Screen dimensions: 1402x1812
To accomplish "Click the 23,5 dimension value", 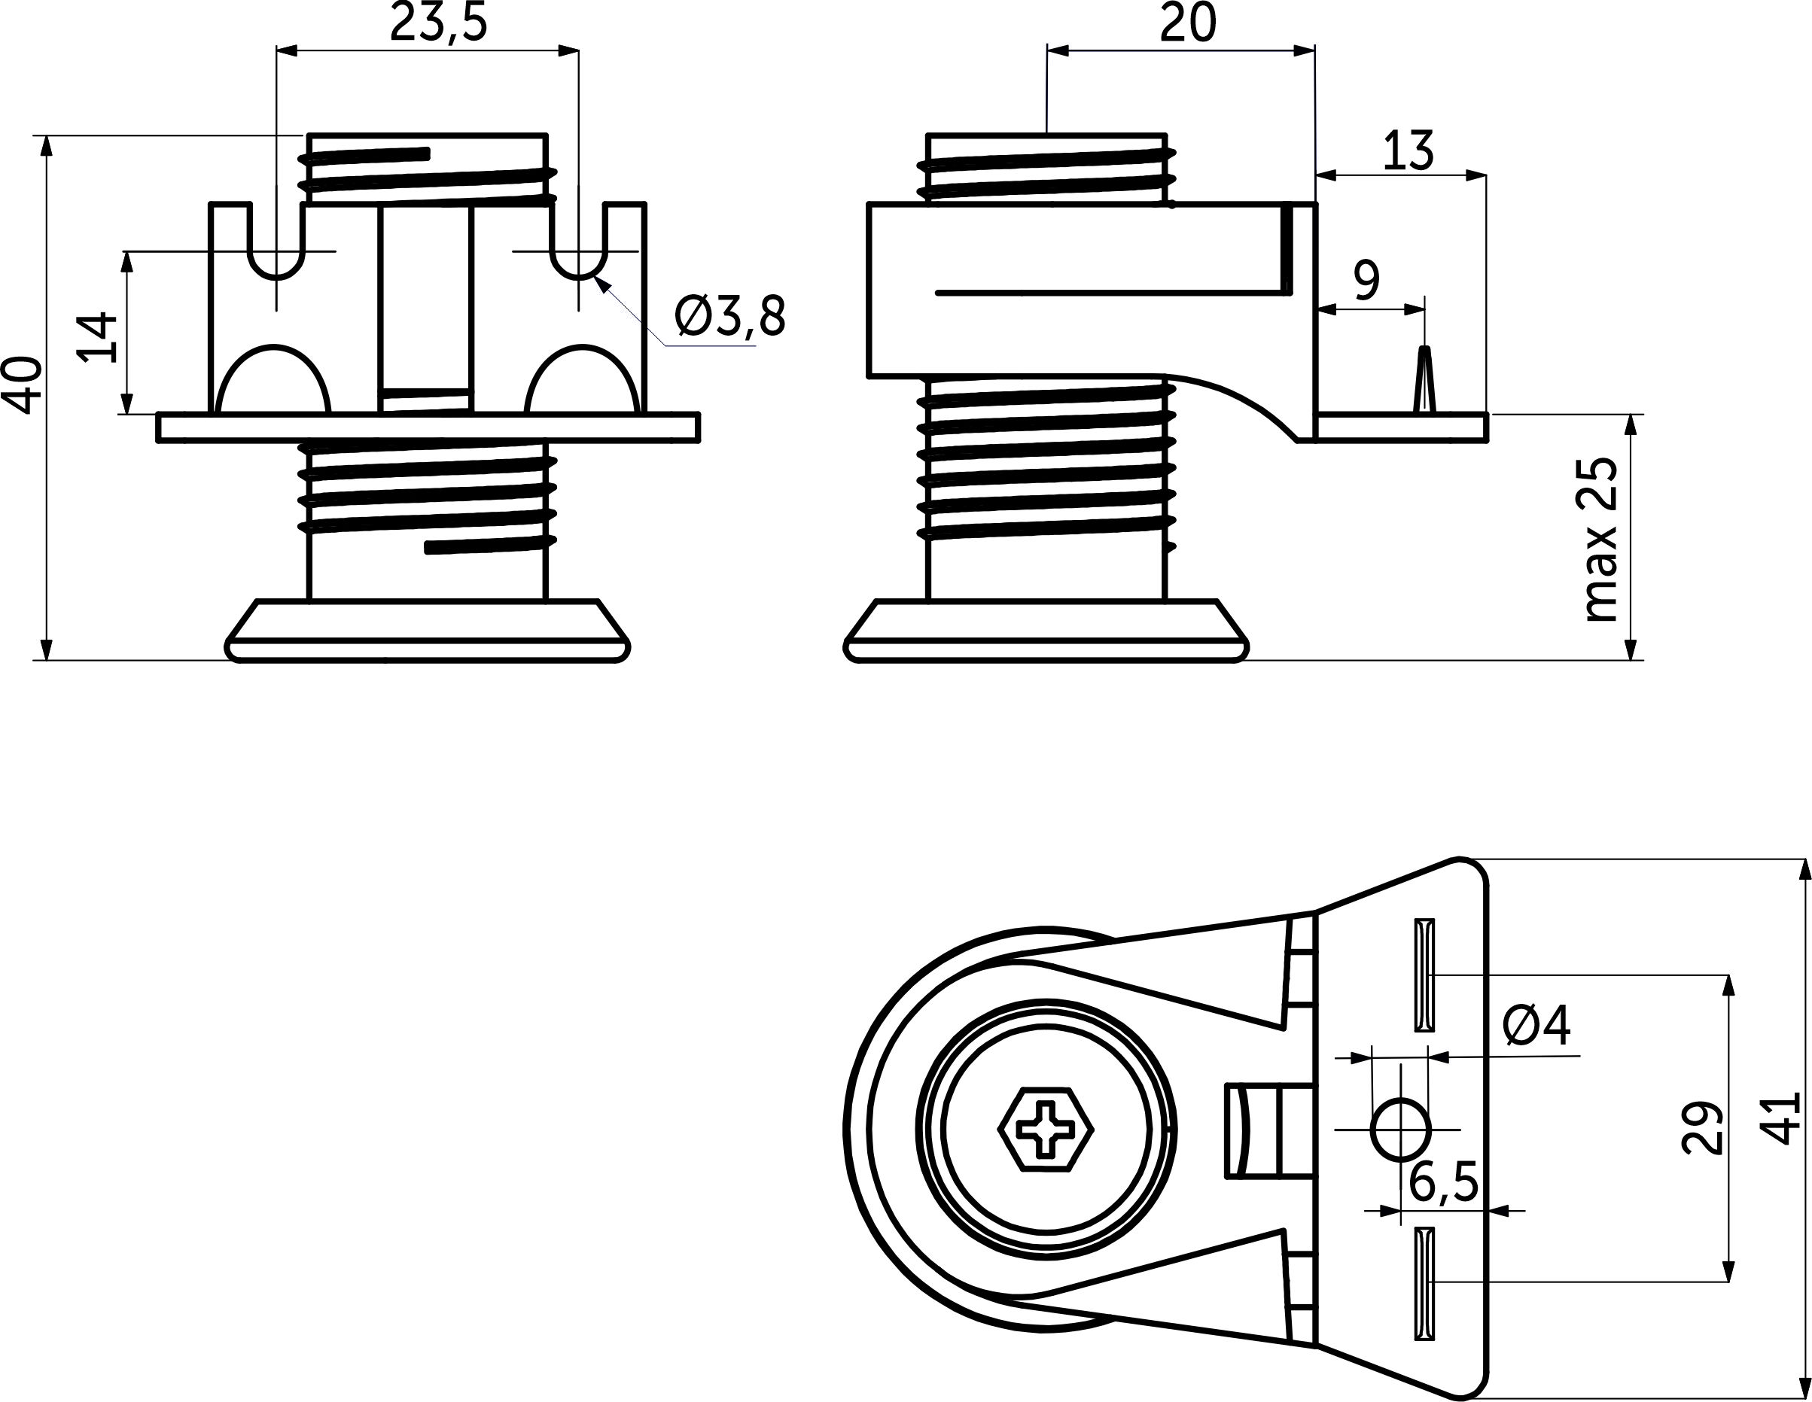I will point(438,23).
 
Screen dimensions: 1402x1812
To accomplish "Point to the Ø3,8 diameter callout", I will point(729,316).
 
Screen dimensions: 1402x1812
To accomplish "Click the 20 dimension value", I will point(1188,23).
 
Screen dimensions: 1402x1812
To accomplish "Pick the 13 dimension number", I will point(1408,152).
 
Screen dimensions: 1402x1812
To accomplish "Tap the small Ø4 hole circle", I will point(1401,1129).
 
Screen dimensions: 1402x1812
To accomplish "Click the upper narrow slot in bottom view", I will point(1424,974).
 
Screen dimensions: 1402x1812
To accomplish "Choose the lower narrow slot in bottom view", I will point(1424,1282).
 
